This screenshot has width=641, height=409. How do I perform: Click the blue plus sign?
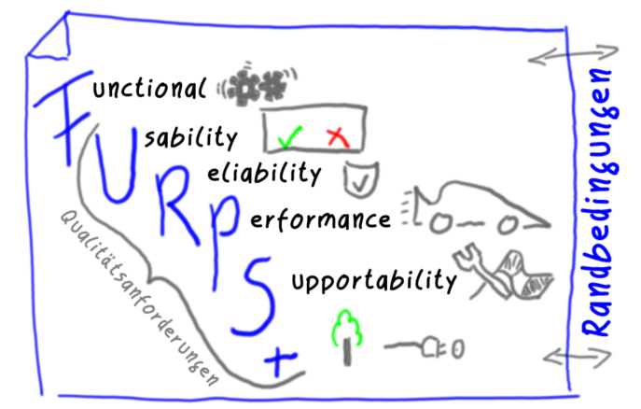point(279,360)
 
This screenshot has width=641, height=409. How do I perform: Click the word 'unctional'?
point(149,87)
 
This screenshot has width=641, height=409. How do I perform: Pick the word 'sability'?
point(191,137)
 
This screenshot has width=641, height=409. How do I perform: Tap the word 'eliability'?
point(264,174)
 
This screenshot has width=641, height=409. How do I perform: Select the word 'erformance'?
point(321,220)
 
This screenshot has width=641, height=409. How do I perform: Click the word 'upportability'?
point(374,280)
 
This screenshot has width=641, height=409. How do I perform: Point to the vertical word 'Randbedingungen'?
point(600,203)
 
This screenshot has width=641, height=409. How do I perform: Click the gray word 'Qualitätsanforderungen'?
point(139,299)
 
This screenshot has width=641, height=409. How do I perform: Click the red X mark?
point(338,137)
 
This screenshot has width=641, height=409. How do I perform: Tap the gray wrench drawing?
point(481,271)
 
